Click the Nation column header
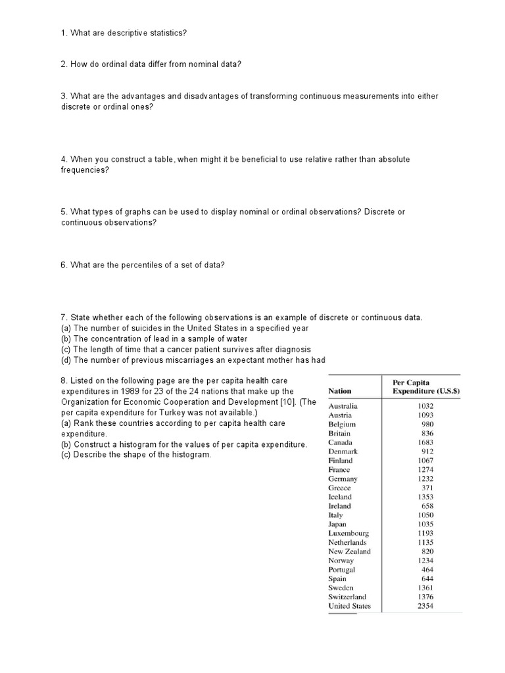point(339,390)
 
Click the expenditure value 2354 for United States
point(425,606)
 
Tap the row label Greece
point(339,488)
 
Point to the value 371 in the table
point(427,488)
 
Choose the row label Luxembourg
point(349,534)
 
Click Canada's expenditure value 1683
point(425,442)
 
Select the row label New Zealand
point(349,551)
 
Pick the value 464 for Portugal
point(427,570)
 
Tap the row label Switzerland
point(347,597)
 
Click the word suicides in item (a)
point(139,328)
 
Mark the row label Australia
point(343,406)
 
